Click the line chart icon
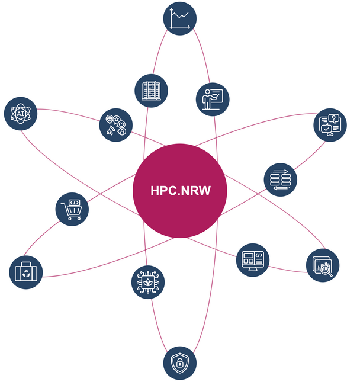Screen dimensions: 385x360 [x=179, y=18]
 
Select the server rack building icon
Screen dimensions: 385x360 [x=152, y=90]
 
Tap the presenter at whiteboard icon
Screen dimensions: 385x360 [x=212, y=98]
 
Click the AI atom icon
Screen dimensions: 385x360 [x=21, y=113]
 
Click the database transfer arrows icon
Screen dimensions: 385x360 [x=279, y=179]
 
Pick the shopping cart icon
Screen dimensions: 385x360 [x=72, y=209]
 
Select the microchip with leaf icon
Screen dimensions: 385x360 [x=147, y=281]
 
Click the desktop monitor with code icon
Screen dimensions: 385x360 [x=253, y=260]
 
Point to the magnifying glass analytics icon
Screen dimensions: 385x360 [x=323, y=265]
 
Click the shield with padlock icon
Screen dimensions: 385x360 [x=179, y=362]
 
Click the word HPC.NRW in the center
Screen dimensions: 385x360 [x=180, y=191]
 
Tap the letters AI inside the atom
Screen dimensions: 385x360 [x=21, y=113]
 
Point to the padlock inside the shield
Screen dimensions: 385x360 [x=179, y=363]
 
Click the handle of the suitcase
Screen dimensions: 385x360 [x=27, y=263]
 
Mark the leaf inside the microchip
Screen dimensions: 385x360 [x=147, y=283]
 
